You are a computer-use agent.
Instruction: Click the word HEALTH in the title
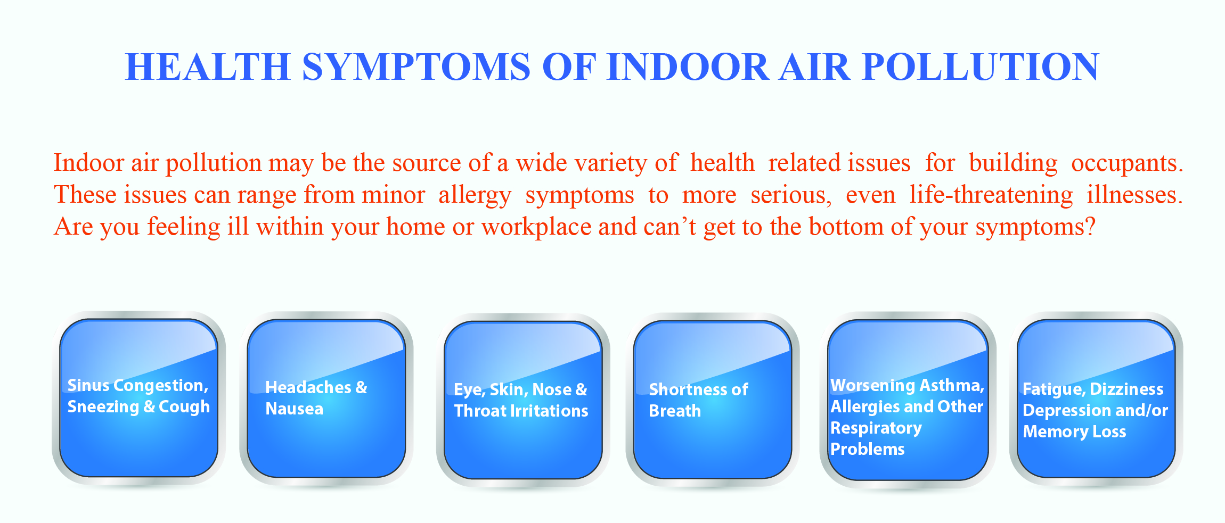(207, 67)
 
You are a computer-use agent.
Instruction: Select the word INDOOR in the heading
(688, 67)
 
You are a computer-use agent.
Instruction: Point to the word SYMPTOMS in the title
(416, 67)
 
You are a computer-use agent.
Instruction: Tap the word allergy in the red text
(475, 195)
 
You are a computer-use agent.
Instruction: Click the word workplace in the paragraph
(536, 227)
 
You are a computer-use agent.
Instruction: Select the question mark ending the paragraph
(1090, 227)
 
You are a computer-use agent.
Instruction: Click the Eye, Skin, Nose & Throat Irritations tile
(522, 400)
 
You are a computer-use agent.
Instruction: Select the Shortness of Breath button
(712, 400)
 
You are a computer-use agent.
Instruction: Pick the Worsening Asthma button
(908, 400)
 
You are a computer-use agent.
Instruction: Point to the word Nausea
(294, 409)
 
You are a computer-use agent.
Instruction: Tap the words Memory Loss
(1074, 431)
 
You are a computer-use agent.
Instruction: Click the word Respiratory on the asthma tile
(876, 428)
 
